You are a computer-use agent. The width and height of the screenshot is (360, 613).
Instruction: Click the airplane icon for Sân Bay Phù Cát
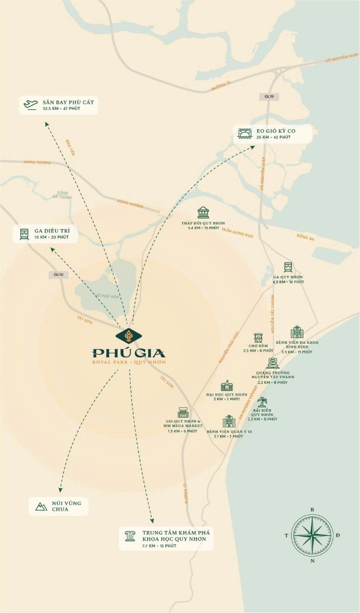click(29, 104)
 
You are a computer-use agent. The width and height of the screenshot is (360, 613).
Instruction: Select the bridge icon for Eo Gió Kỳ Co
click(245, 133)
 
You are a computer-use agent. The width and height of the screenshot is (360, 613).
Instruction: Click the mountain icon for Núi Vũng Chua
click(41, 506)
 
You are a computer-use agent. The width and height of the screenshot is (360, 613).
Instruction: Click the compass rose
click(312, 535)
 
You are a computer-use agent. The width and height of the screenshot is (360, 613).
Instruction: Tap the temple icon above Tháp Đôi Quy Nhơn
click(203, 213)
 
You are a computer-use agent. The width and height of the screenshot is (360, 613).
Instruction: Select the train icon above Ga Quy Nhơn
click(288, 267)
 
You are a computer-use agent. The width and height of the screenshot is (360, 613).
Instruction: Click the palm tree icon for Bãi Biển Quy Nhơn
click(262, 402)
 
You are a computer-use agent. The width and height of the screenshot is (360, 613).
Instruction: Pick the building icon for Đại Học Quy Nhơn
click(226, 385)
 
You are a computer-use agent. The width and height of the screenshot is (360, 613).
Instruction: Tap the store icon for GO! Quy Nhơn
click(183, 413)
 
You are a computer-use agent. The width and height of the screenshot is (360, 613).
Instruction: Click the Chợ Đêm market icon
click(258, 338)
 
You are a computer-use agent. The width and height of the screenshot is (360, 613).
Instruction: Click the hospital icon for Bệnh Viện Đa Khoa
click(296, 332)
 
